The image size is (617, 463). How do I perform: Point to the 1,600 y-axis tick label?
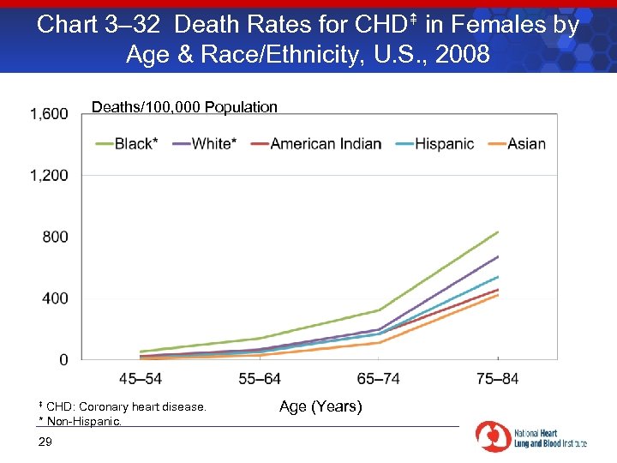pos(50,114)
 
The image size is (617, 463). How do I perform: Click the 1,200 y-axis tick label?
pos(50,175)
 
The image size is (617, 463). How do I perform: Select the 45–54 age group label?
pos(141,378)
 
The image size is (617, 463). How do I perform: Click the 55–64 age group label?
pos(260,378)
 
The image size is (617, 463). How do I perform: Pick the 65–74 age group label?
pos(379,378)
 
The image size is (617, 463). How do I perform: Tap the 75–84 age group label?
pos(498,378)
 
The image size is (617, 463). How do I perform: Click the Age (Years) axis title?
pos(320,406)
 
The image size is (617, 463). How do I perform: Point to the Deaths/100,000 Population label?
pos(184,107)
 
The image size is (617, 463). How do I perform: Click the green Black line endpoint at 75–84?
pos(498,232)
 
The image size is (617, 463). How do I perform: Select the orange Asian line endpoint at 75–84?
pos(498,295)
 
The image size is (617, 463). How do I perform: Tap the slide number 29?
pos(45,442)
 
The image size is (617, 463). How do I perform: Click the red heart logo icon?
pos(494,436)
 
